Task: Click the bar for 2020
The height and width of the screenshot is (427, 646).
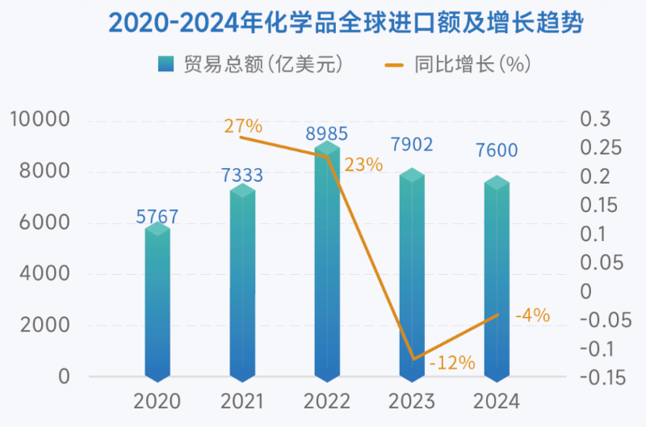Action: coord(157,303)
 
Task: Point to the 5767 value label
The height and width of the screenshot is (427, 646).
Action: coord(157,217)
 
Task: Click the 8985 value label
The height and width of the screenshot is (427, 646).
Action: coord(326,133)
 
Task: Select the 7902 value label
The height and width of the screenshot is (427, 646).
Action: coord(412,145)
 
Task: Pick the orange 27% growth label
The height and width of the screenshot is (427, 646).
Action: coord(243,125)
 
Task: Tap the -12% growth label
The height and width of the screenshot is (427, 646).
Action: coord(452,362)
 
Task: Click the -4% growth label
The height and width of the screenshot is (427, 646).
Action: coord(532,315)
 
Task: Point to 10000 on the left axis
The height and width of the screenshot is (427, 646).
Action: coord(41,120)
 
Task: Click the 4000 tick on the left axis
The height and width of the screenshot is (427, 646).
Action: coord(48,274)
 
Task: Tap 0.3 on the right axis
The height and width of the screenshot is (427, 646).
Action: coord(597,120)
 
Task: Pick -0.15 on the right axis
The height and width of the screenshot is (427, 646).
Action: coord(602,377)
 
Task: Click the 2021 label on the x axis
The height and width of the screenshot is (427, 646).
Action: coord(243,401)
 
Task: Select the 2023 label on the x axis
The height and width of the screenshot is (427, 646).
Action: coord(412,401)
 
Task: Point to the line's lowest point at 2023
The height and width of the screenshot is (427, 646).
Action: coord(413,358)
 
